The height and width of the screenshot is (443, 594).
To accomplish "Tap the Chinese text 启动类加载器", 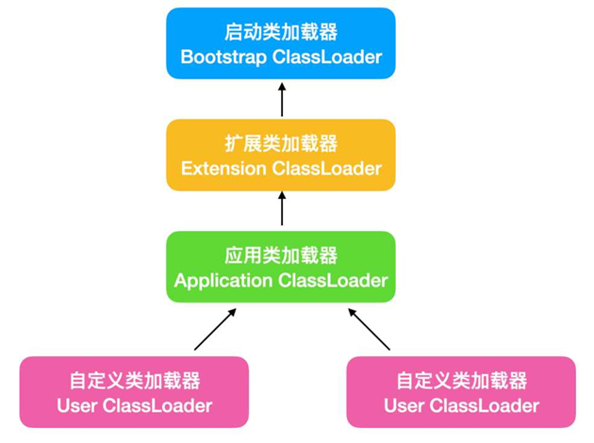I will tap(281, 31).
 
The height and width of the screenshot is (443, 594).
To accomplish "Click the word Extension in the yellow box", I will tap(223, 169).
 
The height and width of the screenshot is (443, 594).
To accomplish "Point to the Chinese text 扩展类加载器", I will tap(281, 144).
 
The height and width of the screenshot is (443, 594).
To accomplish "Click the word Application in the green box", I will tap(220, 281).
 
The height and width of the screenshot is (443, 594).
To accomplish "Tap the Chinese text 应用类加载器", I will tap(281, 255).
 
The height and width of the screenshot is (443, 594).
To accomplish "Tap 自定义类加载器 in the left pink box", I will tap(135, 381).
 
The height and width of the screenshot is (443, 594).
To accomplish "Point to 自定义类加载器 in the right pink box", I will tap(461, 381).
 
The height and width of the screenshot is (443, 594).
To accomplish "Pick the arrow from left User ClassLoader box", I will tap(214, 329).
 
